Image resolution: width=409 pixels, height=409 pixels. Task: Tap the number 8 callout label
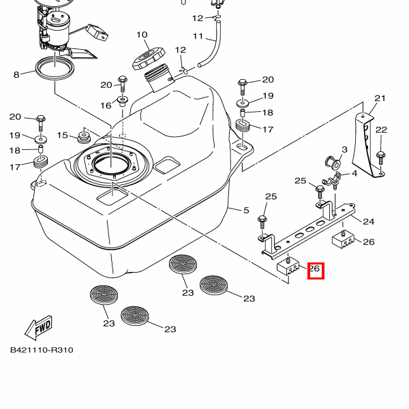click(16, 74)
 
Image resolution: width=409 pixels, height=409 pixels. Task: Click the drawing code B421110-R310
click(42, 350)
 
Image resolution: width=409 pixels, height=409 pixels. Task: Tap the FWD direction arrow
click(38, 328)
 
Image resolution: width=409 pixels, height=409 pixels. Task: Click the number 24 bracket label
click(369, 221)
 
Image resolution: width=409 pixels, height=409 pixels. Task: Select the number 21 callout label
click(380, 98)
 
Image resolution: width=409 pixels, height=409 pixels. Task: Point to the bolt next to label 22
click(380, 155)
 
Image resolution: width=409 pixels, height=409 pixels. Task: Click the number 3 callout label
click(344, 149)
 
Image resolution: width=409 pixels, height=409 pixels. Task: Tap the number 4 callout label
click(354, 175)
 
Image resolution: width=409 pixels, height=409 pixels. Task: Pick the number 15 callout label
click(63, 135)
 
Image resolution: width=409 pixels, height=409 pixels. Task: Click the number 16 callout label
click(106, 105)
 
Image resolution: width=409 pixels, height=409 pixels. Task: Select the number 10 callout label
click(142, 35)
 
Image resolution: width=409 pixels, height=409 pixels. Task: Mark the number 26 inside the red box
click(316, 271)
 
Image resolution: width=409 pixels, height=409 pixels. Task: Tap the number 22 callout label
click(381, 130)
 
